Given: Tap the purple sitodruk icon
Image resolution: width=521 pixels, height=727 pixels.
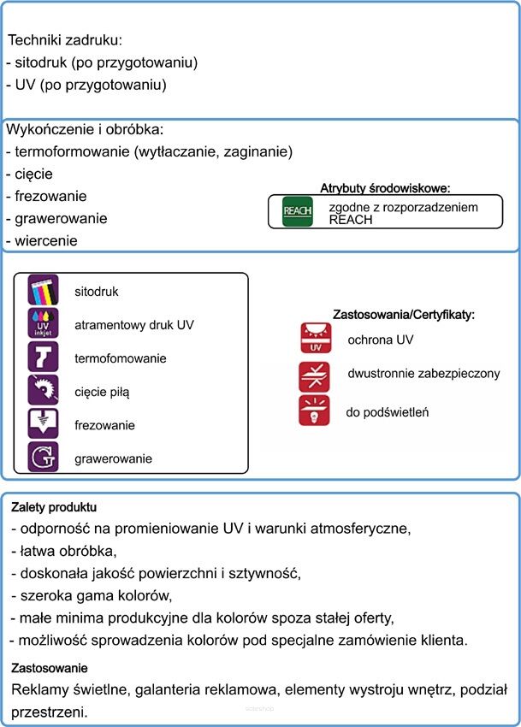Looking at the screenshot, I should click(43, 291).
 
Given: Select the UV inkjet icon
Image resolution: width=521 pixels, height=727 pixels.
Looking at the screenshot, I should click(43, 324).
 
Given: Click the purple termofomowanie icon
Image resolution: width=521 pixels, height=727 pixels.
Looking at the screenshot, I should click(43, 358).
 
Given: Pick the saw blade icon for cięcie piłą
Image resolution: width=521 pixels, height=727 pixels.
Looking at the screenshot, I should click(43, 391).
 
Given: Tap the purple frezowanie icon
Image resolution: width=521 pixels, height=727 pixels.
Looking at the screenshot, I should click(43, 424).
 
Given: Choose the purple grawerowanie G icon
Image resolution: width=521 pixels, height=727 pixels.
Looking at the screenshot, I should click(43, 458).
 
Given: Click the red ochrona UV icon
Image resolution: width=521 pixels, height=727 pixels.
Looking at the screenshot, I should click(314, 339).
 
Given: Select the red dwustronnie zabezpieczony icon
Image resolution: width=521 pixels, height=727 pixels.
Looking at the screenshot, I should click(314, 375).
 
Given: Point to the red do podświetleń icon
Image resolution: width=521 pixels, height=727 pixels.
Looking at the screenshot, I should click(314, 411).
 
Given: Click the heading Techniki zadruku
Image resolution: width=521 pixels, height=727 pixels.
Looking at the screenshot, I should click(64, 40).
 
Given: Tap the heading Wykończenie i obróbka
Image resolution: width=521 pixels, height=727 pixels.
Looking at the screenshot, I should click(84, 129).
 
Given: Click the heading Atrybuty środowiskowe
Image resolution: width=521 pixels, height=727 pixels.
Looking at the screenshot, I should click(385, 188).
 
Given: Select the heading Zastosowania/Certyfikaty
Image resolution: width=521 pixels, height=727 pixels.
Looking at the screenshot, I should click(402, 315).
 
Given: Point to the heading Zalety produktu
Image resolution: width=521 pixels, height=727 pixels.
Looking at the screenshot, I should click(54, 507).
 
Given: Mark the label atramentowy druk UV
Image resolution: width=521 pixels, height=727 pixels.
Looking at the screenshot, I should click(134, 325).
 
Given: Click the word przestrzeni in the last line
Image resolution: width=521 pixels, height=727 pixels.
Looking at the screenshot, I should click(50, 711).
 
